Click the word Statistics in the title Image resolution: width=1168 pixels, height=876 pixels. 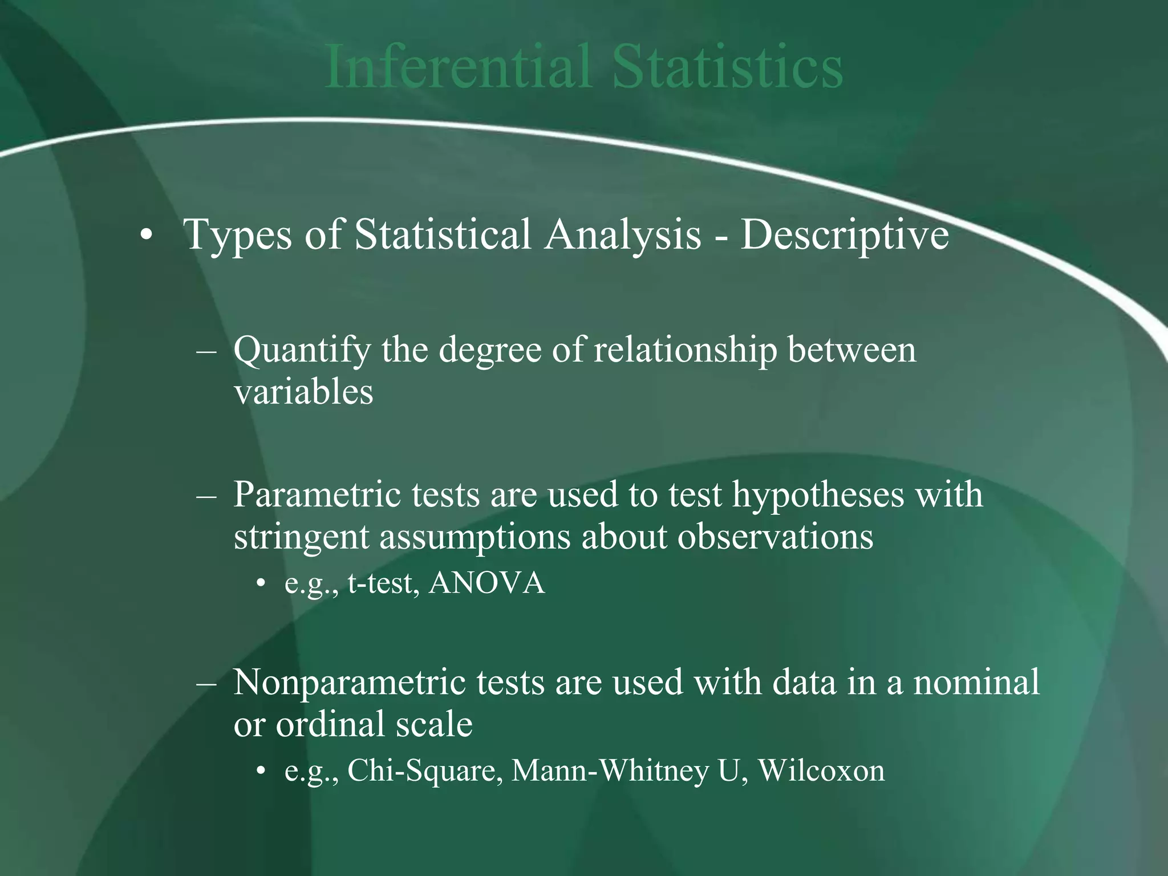pos(727,67)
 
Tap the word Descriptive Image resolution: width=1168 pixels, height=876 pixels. pos(845,235)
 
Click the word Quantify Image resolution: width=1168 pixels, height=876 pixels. pos(302,350)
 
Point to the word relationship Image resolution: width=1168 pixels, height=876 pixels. pos(685,350)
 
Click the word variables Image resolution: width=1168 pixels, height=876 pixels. pos(303,392)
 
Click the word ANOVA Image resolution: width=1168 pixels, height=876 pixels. pos(487,583)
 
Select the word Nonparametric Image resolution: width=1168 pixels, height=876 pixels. pos(349,683)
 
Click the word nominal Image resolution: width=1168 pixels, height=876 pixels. pos(976,682)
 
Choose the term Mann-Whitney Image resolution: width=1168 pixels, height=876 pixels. pos(610,771)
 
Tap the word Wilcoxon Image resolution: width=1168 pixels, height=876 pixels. pos(821,770)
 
